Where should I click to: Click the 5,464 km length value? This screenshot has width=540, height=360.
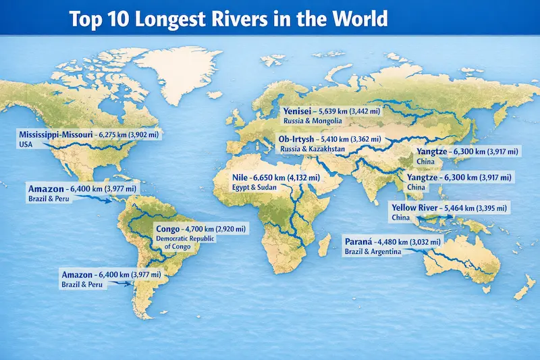467,207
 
